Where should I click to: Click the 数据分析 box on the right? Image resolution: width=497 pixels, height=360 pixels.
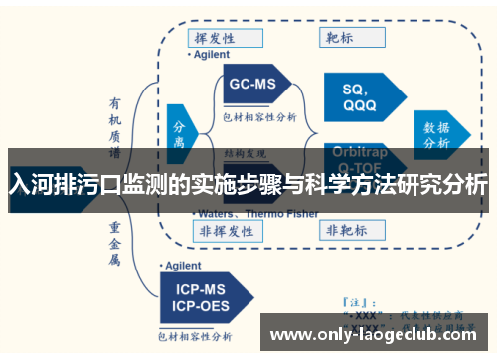click(x=436, y=134)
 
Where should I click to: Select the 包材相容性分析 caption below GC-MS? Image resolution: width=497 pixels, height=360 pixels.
click(x=259, y=116)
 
